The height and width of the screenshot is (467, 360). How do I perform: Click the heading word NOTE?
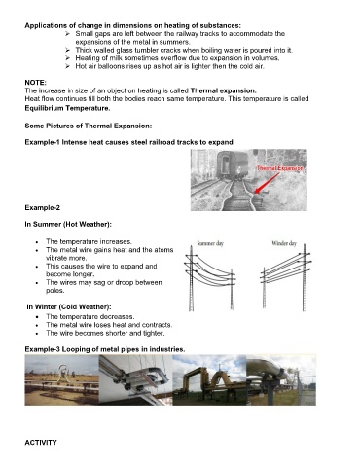click(x=36, y=83)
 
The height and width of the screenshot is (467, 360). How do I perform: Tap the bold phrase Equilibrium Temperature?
click(x=67, y=108)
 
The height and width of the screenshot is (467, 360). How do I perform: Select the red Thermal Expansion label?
click(x=280, y=168)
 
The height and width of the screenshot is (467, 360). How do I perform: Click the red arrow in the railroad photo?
click(x=267, y=183)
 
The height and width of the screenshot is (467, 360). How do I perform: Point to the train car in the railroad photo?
click(x=228, y=164)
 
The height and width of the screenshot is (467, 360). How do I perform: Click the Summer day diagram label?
click(x=210, y=243)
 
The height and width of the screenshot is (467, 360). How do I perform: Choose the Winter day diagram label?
click(x=284, y=243)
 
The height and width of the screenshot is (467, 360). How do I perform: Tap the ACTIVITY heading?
click(x=41, y=443)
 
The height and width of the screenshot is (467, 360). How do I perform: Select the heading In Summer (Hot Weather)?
click(x=68, y=224)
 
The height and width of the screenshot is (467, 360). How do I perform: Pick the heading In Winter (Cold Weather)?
click(x=69, y=306)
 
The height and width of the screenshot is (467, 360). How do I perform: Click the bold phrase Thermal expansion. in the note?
click(x=224, y=90)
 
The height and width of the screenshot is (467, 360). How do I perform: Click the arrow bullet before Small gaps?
click(x=67, y=34)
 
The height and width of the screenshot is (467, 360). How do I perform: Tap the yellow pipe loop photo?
click(x=209, y=380)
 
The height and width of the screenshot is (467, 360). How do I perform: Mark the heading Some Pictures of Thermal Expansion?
click(x=89, y=126)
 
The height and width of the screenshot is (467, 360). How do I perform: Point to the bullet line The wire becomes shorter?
click(x=105, y=333)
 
